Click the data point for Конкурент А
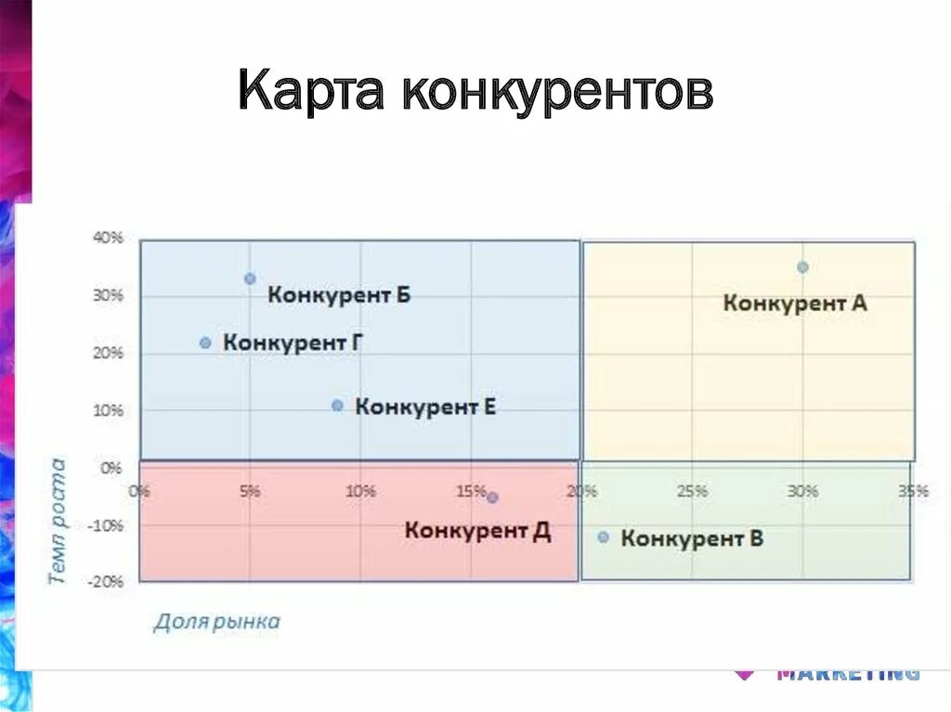click(x=802, y=267)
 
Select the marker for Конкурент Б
click(x=250, y=278)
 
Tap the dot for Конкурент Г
click(x=205, y=343)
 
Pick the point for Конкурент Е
click(x=337, y=406)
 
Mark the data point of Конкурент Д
click(x=492, y=498)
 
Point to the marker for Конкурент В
click(x=603, y=537)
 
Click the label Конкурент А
click(x=795, y=303)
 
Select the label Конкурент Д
click(x=477, y=531)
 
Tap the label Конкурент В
click(x=692, y=538)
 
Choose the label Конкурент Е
click(x=425, y=407)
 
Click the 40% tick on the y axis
click(x=108, y=238)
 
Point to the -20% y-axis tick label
click(x=106, y=582)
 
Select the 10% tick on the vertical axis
click(x=108, y=410)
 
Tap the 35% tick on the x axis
click(x=913, y=491)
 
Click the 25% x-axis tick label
click(x=692, y=491)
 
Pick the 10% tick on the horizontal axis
click(x=360, y=491)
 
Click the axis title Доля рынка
click(x=216, y=622)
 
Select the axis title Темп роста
click(x=58, y=520)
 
